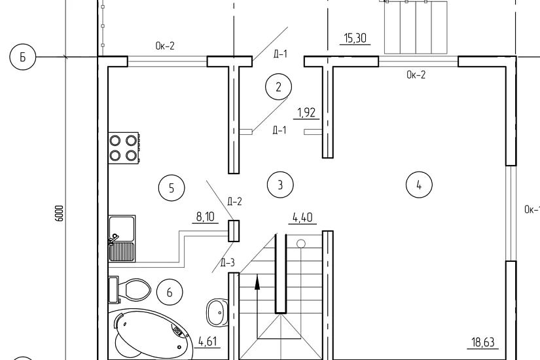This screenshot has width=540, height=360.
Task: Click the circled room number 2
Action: (x=278, y=87)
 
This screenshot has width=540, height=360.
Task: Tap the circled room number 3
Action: (x=280, y=185)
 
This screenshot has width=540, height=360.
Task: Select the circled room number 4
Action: (x=419, y=185)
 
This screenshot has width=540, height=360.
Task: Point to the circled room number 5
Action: (x=171, y=188)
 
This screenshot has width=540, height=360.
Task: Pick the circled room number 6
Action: (x=170, y=293)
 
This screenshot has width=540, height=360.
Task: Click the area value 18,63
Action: (x=483, y=342)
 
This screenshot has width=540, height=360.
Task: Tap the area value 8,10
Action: (x=206, y=217)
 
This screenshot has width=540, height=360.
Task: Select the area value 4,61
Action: (x=207, y=342)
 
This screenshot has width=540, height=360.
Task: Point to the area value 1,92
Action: (x=306, y=113)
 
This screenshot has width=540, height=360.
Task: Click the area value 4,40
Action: (x=302, y=217)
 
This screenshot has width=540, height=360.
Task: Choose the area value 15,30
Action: (x=355, y=37)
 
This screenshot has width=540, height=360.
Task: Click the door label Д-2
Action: (x=234, y=201)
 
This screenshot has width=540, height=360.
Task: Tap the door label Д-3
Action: (x=227, y=263)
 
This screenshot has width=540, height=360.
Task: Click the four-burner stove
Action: (x=124, y=148)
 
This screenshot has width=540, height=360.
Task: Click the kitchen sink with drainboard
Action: (x=122, y=238)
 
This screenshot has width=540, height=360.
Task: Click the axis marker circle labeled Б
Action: (x=23, y=57)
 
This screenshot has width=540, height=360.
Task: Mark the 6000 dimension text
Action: (x=59, y=213)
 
